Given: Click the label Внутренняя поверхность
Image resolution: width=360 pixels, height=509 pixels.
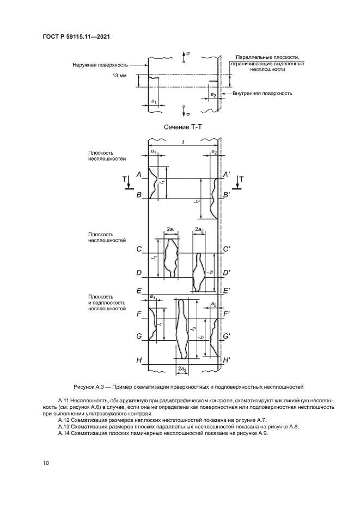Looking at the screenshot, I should click(263, 93).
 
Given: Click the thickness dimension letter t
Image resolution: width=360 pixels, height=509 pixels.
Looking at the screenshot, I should click(184, 142).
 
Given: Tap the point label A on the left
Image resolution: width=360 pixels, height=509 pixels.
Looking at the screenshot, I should click(139, 174).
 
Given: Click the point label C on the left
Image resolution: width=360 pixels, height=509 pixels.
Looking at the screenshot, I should click(139, 249).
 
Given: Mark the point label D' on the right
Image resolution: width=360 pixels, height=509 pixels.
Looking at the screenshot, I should click(226, 272).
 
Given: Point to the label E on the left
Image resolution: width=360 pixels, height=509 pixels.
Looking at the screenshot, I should click(139, 291).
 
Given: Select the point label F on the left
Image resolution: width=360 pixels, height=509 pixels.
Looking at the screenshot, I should click(139, 314).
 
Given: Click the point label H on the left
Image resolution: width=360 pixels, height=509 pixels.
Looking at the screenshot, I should click(139, 360).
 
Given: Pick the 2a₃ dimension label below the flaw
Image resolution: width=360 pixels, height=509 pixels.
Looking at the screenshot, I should click(182, 370).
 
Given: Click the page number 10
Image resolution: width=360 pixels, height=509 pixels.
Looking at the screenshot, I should click(46, 463).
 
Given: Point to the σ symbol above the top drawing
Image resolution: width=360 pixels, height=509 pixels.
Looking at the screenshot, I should click(188, 54).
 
